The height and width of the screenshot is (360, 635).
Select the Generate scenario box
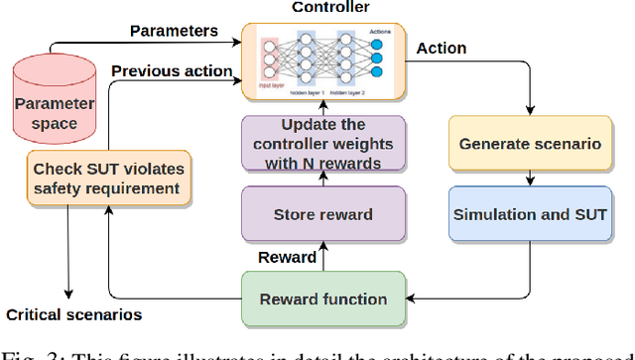(x=530, y=144)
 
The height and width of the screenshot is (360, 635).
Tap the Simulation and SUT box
(x=530, y=214)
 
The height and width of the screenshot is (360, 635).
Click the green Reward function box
(x=324, y=299)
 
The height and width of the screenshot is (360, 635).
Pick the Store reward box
(x=323, y=214)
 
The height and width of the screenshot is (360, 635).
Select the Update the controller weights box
(x=323, y=144)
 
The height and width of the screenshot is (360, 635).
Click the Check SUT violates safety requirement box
(x=108, y=179)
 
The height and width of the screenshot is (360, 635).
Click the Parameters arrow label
(x=175, y=31)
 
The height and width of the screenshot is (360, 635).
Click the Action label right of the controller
(x=442, y=48)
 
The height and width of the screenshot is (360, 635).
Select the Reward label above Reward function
(x=288, y=258)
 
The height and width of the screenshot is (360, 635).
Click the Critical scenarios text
(x=73, y=315)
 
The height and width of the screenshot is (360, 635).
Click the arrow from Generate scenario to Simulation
(x=530, y=179)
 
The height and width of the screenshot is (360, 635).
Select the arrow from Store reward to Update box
(x=323, y=180)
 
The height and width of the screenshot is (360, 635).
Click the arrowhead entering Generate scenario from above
(x=530, y=111)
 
